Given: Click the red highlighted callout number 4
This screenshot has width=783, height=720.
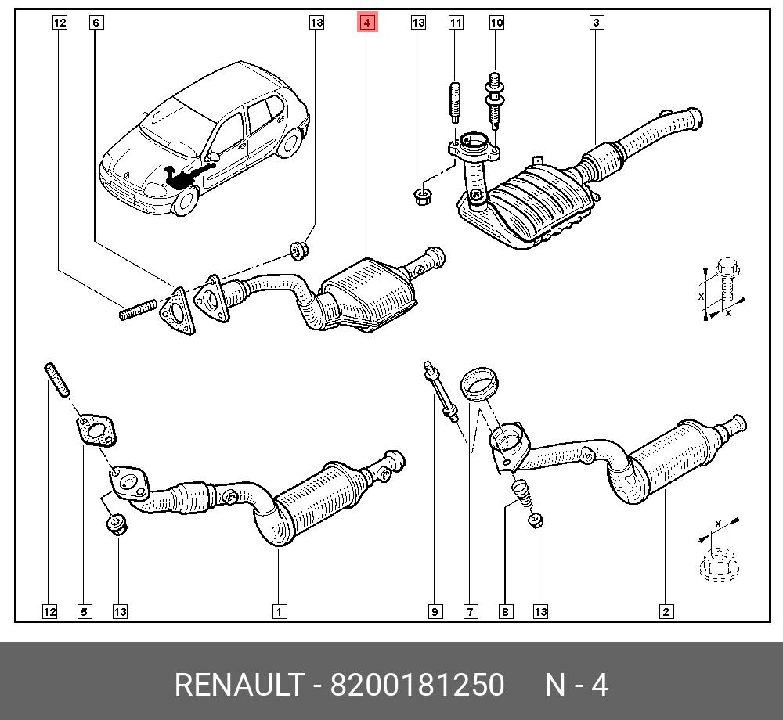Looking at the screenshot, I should coord(367,23).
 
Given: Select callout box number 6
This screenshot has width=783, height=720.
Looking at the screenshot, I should coord(96,23).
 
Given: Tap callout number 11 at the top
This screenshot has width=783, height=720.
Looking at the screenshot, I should coord(456,23).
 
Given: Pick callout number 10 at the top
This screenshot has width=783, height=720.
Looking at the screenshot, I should coord(496,23).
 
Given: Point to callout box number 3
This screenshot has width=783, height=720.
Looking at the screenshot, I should coord(596,23).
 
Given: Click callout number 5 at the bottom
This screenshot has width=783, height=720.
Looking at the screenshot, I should coord(84,611).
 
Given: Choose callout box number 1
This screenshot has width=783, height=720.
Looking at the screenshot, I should coord(278,611).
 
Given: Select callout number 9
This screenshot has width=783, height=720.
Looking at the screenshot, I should coord(435,611).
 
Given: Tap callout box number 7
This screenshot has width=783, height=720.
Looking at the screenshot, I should coord(470,611).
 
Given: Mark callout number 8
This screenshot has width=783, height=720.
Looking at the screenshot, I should coord(506,611).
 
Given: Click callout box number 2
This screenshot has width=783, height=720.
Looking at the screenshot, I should coord(666,611).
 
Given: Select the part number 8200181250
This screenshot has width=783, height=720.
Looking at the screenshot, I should coord(417,685).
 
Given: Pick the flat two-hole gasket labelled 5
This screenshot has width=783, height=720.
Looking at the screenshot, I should coord(96,430).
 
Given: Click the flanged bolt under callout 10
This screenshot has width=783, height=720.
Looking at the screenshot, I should coord(495,102).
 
